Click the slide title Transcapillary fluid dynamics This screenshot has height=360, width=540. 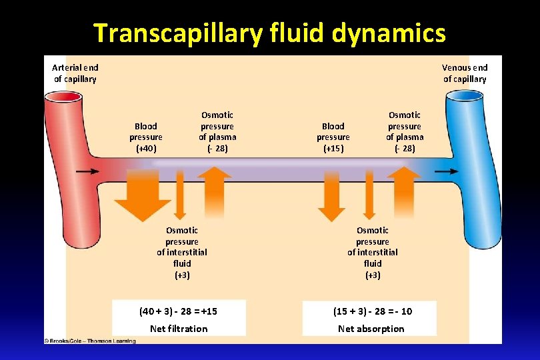[x=269, y=32]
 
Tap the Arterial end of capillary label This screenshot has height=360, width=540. [x=75, y=73]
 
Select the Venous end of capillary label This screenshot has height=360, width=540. [x=465, y=73]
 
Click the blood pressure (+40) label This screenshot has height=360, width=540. [x=146, y=137]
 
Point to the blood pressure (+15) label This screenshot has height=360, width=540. [x=333, y=137]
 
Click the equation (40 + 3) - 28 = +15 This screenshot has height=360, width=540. [x=178, y=311]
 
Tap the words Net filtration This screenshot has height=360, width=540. [x=179, y=329]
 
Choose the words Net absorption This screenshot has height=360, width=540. [x=371, y=329]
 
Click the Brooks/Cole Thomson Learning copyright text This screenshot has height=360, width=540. [x=90, y=341]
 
